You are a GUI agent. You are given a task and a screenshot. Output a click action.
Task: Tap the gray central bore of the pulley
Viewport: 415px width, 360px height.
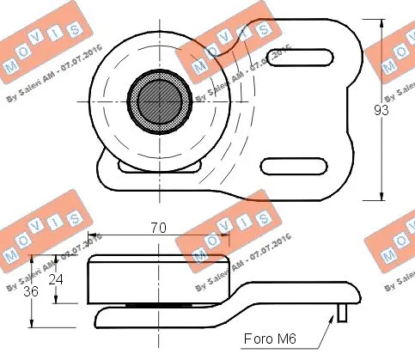(x=160, y=101)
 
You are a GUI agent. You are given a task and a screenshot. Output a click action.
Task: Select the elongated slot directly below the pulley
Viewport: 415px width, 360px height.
(x=142, y=168)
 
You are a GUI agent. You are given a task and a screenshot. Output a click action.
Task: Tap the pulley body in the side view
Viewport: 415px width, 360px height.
(x=159, y=279)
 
